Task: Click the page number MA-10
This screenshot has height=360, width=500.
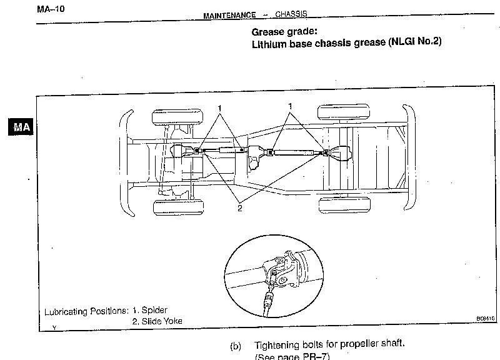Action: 51,9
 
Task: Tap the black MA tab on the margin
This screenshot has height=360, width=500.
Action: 21,127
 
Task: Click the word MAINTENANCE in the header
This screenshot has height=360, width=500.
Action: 229,16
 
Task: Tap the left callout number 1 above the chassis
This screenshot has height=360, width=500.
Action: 220,108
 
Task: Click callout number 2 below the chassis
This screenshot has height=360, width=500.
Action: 239,208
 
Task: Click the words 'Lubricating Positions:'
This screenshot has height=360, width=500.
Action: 87,311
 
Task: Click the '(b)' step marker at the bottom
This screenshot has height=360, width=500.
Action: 236,346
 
